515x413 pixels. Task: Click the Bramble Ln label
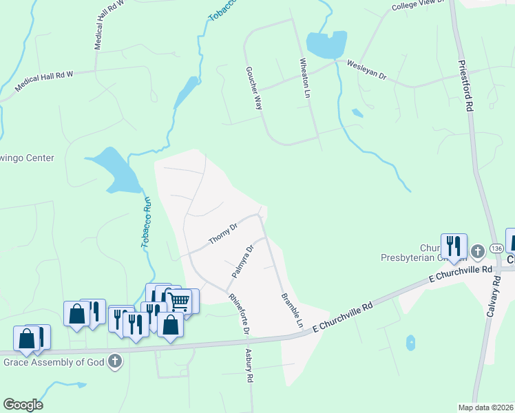coord(292,310)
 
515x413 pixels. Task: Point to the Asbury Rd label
coord(250,366)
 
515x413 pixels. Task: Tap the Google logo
coord(23,405)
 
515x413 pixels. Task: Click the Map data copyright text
coord(486,407)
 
